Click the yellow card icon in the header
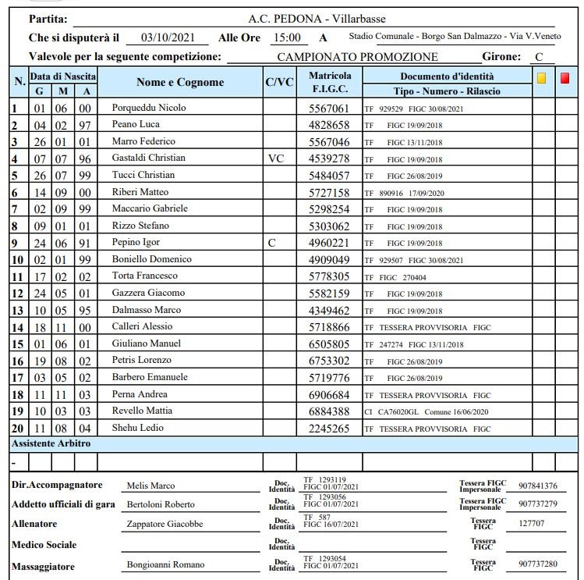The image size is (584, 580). pos(542,78)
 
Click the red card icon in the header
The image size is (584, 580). pos(565,78)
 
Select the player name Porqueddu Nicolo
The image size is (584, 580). pos(149,108)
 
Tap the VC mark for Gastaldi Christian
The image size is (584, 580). pos(276,158)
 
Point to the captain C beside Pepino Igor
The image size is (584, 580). pos(271,243)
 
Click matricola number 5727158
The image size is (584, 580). pos(329,192)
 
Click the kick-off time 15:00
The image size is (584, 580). pos(286,37)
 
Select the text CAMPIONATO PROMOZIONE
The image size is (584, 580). pos(357,57)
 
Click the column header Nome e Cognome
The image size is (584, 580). pos(179,83)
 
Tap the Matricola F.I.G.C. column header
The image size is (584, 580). pos(330,83)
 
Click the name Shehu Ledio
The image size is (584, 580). pos(136,429)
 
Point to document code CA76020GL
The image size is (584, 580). pos(403,411)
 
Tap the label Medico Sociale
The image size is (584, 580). pos(44,544)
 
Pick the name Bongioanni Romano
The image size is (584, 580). pos(165,564)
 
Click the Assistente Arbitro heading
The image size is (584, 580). pos(51,443)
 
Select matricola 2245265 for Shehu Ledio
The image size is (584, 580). pos(329,429)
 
